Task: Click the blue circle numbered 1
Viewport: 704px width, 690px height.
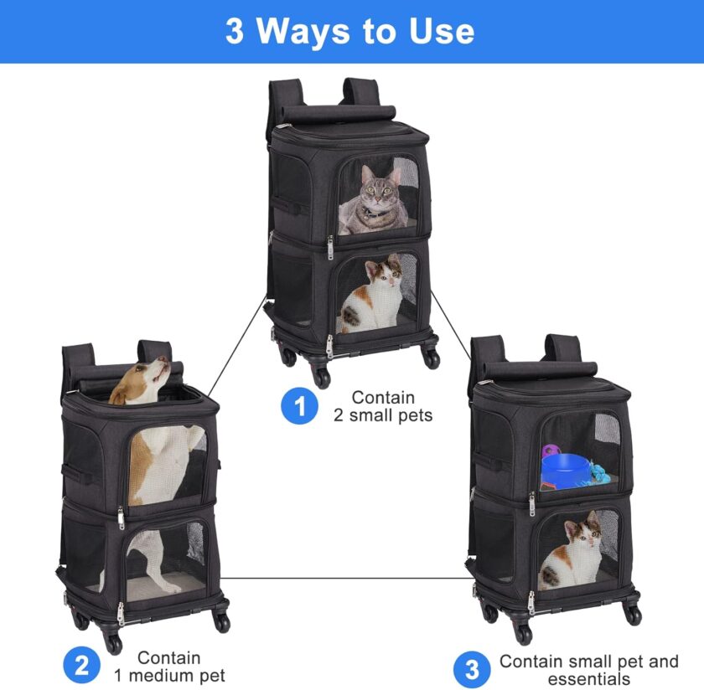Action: (x=299, y=406)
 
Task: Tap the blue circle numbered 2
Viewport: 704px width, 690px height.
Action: (x=82, y=667)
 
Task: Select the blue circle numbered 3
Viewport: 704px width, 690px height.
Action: (x=472, y=670)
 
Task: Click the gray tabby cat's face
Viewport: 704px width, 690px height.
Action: (x=379, y=188)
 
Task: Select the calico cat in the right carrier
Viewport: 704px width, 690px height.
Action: (x=571, y=551)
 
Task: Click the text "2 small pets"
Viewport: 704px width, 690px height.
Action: (x=383, y=416)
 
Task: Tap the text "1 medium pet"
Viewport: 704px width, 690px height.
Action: (x=169, y=676)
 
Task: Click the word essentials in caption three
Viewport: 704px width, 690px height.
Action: (x=589, y=679)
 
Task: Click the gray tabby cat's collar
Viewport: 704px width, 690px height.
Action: (x=377, y=213)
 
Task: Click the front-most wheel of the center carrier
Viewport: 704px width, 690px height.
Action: (x=322, y=378)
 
